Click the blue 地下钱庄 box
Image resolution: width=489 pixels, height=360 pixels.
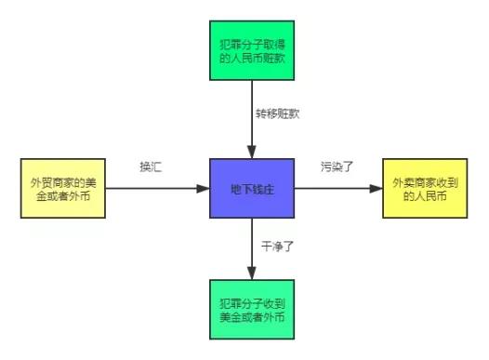tap(251, 188)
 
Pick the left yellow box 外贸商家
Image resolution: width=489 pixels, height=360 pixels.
tap(61, 188)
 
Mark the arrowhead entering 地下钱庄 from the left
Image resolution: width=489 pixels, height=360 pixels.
tap(205, 188)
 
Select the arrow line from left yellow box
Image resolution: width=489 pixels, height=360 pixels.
tap(149, 188)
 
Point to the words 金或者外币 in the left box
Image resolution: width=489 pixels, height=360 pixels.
tap(61, 196)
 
